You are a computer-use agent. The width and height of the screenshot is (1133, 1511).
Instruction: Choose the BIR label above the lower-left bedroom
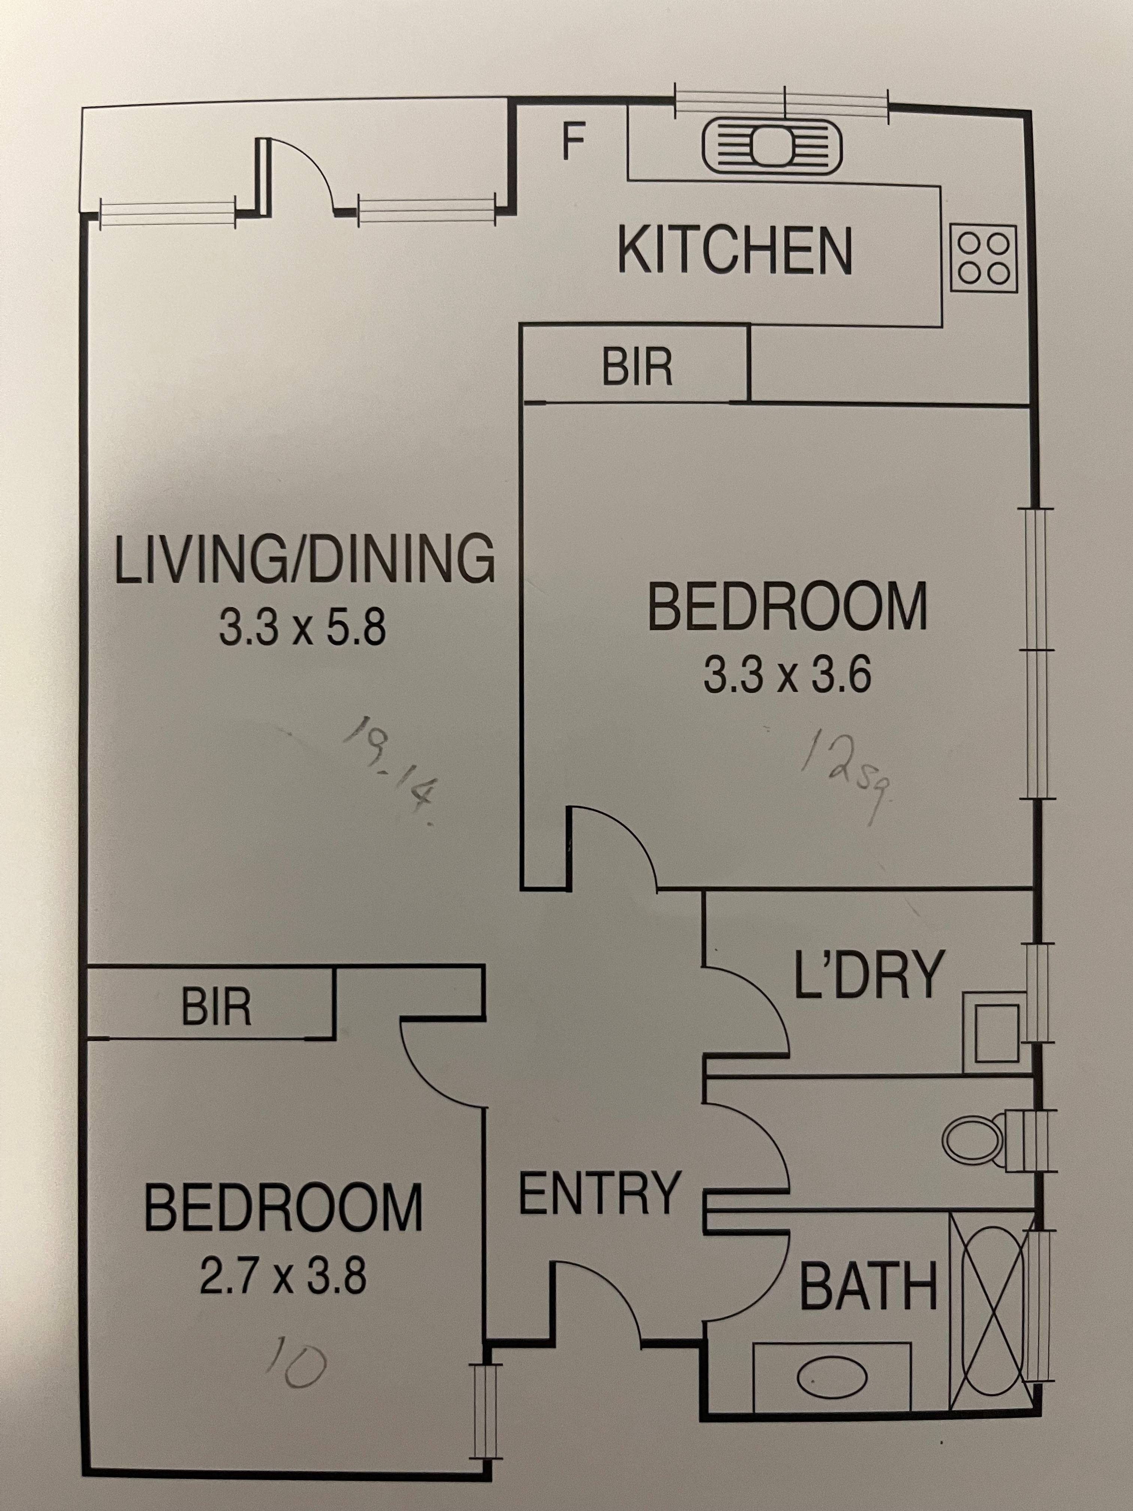click(x=217, y=1006)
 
